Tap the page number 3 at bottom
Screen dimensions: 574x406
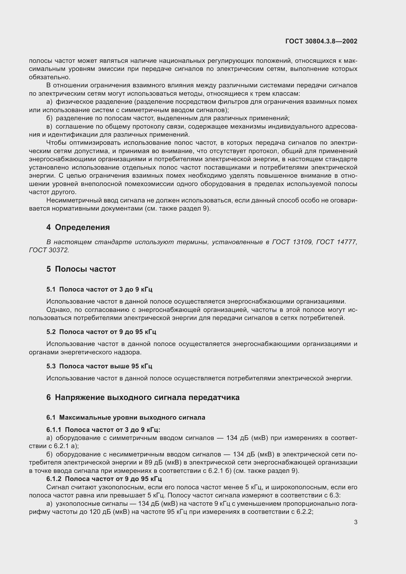point(355,522)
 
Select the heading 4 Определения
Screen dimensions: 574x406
point(78,227)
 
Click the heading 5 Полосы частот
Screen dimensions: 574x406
point(81,269)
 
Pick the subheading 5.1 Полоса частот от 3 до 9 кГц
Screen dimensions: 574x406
point(99,289)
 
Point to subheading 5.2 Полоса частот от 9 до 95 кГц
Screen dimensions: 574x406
point(101,332)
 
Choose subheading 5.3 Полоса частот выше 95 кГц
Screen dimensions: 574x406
point(99,366)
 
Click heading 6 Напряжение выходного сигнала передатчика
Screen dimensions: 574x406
point(143,397)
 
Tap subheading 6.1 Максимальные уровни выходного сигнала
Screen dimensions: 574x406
point(126,417)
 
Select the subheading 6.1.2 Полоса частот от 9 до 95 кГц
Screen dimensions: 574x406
point(104,479)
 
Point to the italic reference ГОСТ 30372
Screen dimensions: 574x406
point(49,250)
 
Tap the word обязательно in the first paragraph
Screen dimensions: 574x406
point(50,77)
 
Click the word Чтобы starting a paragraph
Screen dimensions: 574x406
point(56,143)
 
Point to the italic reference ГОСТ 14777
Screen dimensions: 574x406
point(336,242)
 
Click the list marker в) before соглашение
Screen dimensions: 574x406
point(50,126)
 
